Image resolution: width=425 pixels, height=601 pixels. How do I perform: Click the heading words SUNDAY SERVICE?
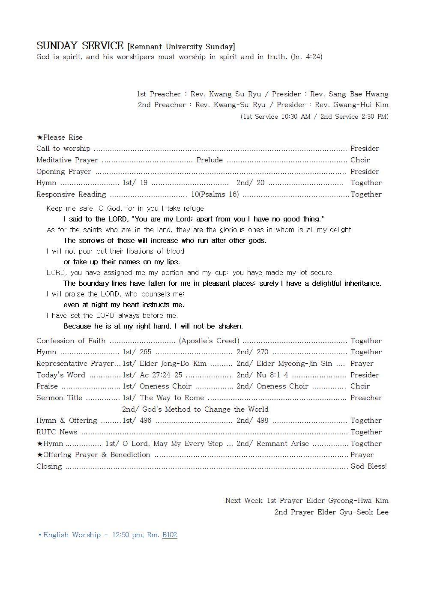click(80, 46)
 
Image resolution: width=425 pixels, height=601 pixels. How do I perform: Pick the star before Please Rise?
click(39, 138)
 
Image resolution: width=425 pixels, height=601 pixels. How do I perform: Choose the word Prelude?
click(210, 160)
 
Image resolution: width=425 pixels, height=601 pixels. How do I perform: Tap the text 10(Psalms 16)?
click(215, 194)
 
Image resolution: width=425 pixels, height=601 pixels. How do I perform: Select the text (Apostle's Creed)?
click(209, 341)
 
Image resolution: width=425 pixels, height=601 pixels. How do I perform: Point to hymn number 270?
click(262, 352)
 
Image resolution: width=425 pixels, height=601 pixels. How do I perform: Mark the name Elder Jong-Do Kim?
click(173, 363)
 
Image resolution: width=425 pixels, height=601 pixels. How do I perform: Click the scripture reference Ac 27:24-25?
click(161, 375)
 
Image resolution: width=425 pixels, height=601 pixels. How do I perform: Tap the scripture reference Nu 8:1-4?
click(272, 375)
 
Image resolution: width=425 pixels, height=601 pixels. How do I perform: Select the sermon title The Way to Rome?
click(172, 398)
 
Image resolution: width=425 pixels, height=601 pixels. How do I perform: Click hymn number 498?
click(262, 420)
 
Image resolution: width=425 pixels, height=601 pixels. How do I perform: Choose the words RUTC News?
click(57, 432)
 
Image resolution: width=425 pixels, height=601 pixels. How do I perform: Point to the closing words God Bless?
click(368, 466)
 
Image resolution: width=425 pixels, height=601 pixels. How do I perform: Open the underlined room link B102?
click(170, 535)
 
